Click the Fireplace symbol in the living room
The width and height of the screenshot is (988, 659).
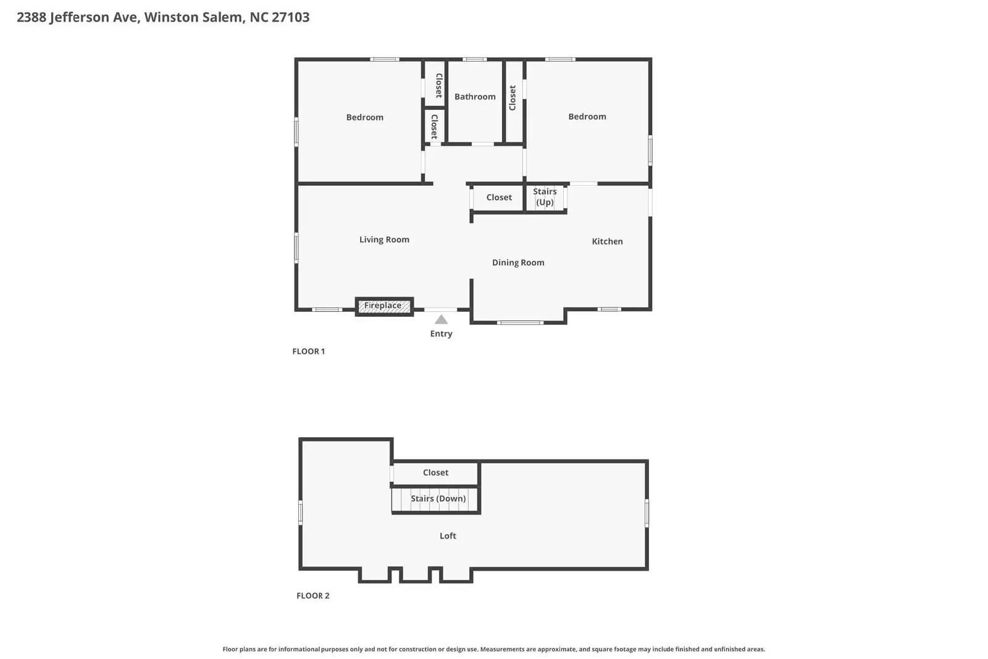point(383,306)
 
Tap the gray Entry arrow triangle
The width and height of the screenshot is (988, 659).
point(441,320)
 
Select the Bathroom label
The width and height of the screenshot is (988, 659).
point(475,96)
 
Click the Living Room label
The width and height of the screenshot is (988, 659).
point(384,240)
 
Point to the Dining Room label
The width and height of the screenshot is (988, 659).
point(518,262)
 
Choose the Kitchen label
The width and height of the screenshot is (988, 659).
point(607,241)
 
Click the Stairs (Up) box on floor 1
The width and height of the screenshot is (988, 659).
point(545,197)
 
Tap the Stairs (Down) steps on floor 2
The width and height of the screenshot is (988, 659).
point(438,499)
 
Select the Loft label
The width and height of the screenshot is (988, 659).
point(448,536)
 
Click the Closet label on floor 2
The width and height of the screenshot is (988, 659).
point(435,472)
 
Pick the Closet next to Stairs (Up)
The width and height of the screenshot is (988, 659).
point(498,198)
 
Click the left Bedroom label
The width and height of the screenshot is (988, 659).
point(364,117)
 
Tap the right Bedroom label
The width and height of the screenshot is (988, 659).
point(587,117)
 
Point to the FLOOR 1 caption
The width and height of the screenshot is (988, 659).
point(308,351)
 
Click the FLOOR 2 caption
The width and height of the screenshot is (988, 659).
point(312,596)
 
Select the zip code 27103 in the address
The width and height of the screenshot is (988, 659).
point(290,17)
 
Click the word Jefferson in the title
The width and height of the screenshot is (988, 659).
point(79,17)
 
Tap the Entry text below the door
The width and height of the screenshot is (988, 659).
point(441,334)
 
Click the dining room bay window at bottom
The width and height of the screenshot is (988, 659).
point(520,322)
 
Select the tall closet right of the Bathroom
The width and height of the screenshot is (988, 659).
point(513,99)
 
